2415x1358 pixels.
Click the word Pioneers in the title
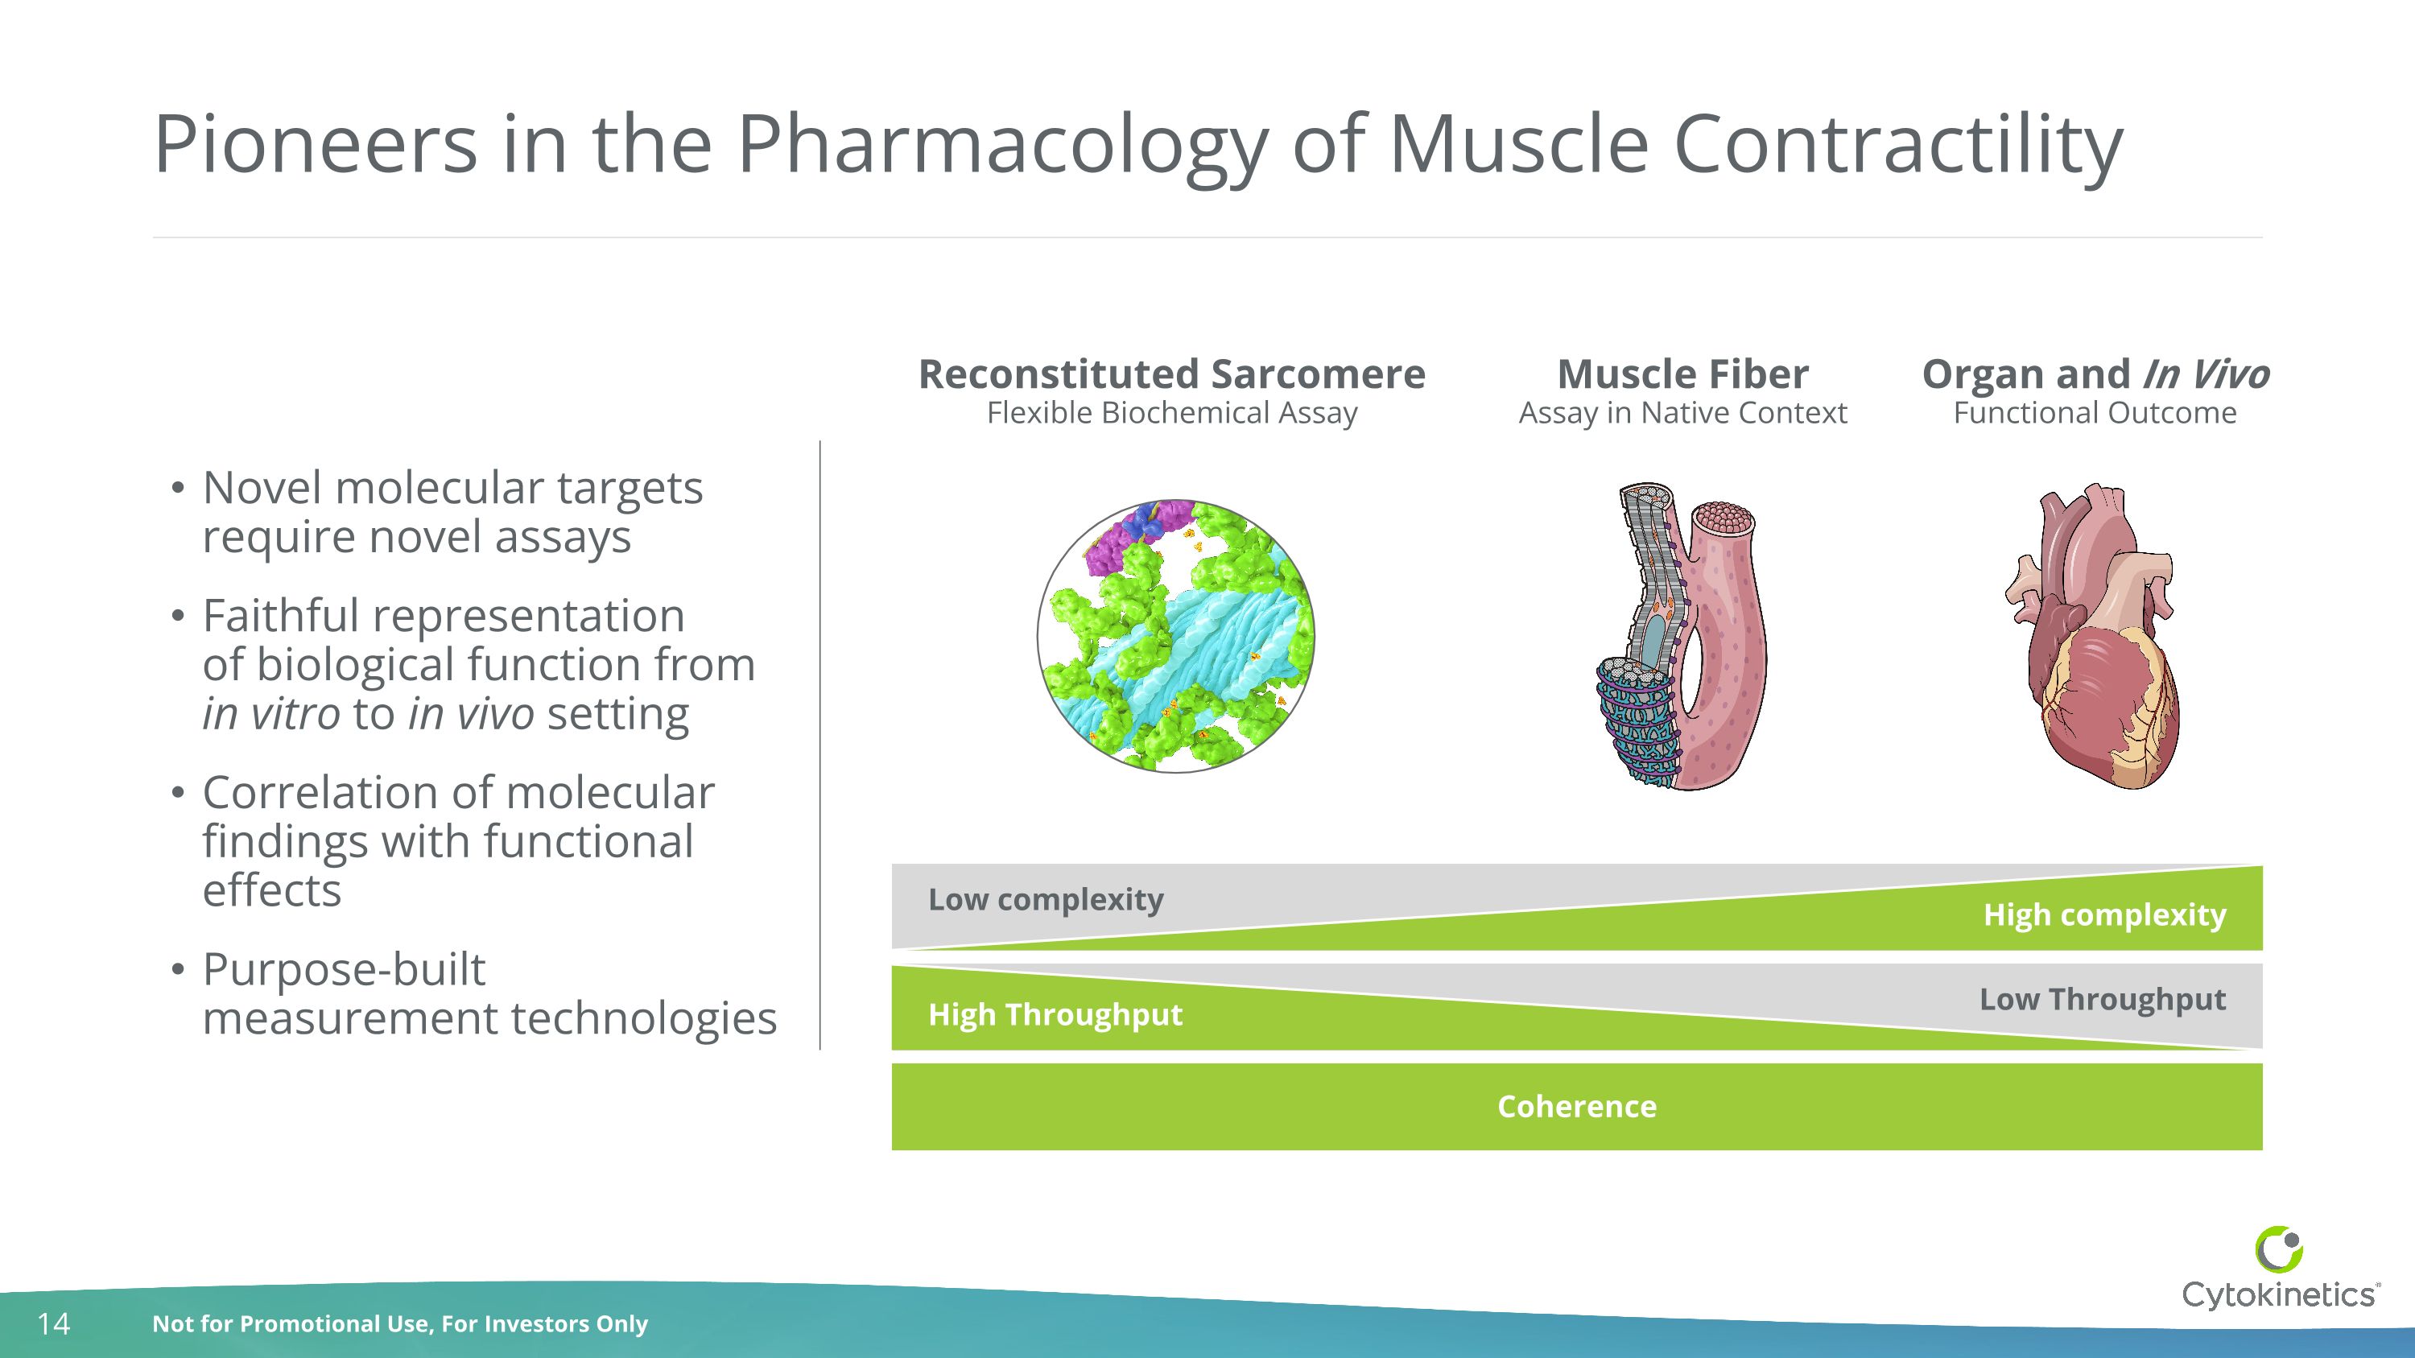pos(315,145)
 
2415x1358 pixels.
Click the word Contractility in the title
pos(1897,145)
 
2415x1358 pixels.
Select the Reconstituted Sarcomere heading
pos(1171,374)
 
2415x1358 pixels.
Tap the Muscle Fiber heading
pos(1682,374)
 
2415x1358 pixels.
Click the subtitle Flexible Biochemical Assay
pos(1171,413)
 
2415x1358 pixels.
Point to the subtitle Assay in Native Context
pos(1682,413)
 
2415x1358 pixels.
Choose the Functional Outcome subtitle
pos(2095,413)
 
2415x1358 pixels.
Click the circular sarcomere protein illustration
pos(1175,637)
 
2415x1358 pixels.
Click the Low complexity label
pos(1046,900)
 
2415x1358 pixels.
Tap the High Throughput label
pos(1055,1015)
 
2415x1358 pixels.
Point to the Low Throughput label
pos(2102,999)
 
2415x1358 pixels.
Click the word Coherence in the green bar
pos(1577,1107)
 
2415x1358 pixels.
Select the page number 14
pos(53,1323)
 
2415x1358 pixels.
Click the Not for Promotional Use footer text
pos(399,1323)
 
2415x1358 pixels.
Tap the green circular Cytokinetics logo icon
pos(2279,1249)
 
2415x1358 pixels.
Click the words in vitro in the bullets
pos(271,714)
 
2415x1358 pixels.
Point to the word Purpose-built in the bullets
pos(344,969)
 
